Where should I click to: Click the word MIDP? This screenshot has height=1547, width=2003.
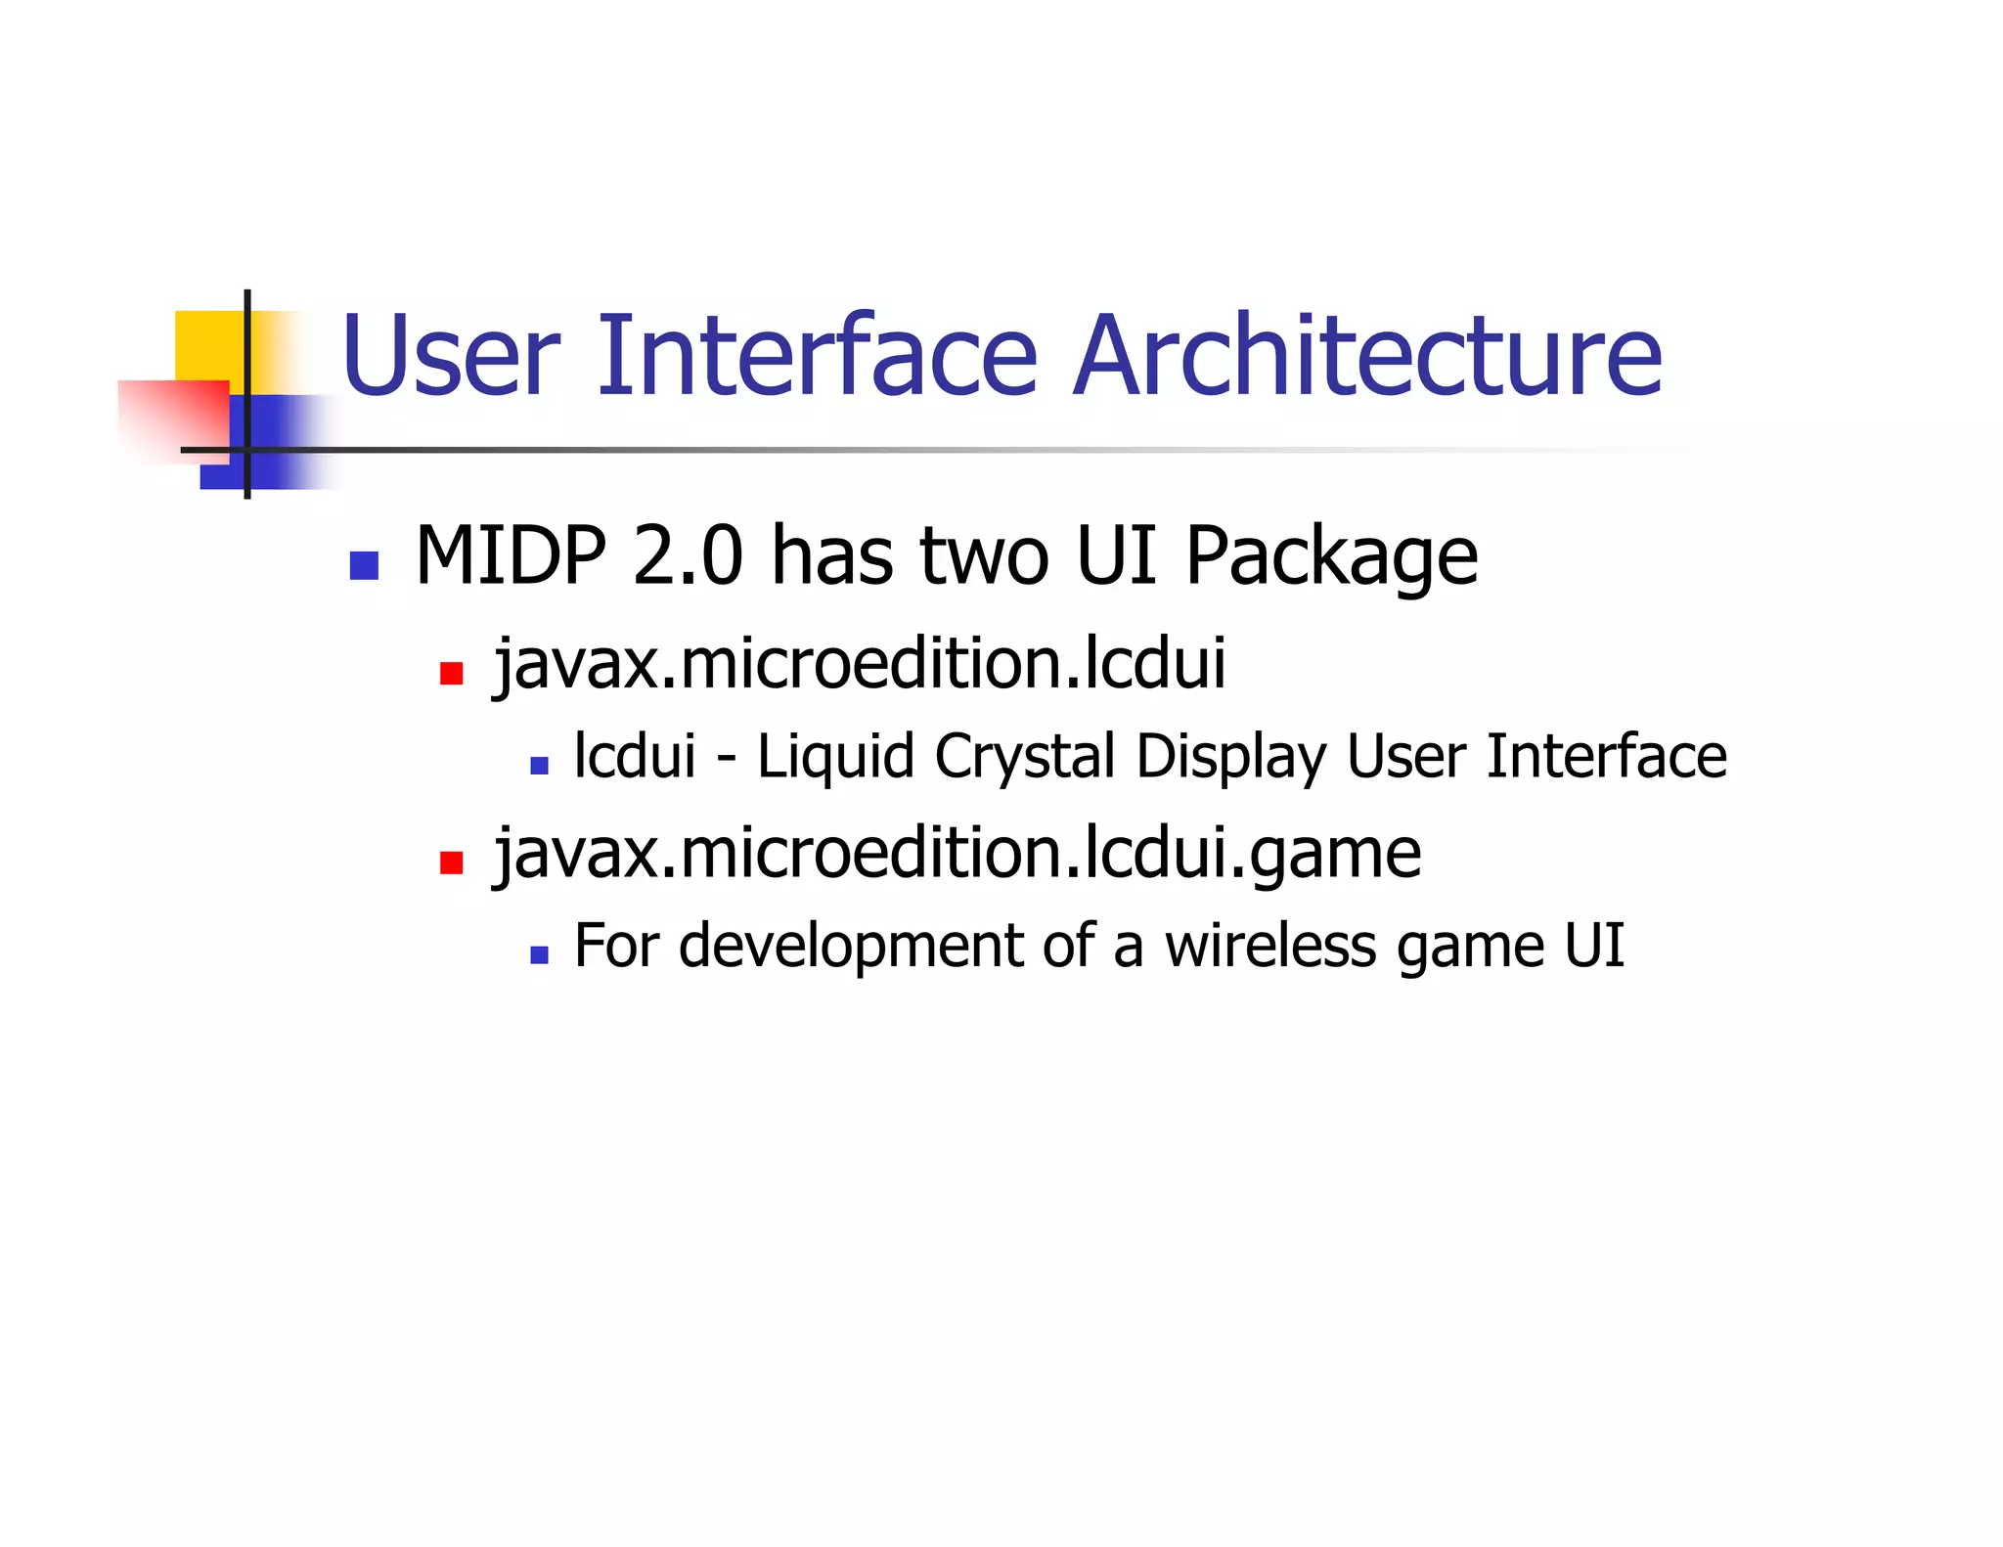510,555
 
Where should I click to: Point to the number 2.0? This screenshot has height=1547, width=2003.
688,555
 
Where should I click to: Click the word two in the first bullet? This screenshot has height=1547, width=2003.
984,555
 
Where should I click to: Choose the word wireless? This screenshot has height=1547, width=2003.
1270,946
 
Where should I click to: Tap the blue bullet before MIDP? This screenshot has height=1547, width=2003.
364,566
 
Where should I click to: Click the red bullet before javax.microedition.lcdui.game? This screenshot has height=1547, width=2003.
451,862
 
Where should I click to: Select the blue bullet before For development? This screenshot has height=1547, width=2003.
539,954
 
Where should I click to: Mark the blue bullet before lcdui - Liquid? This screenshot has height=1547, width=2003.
539,766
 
